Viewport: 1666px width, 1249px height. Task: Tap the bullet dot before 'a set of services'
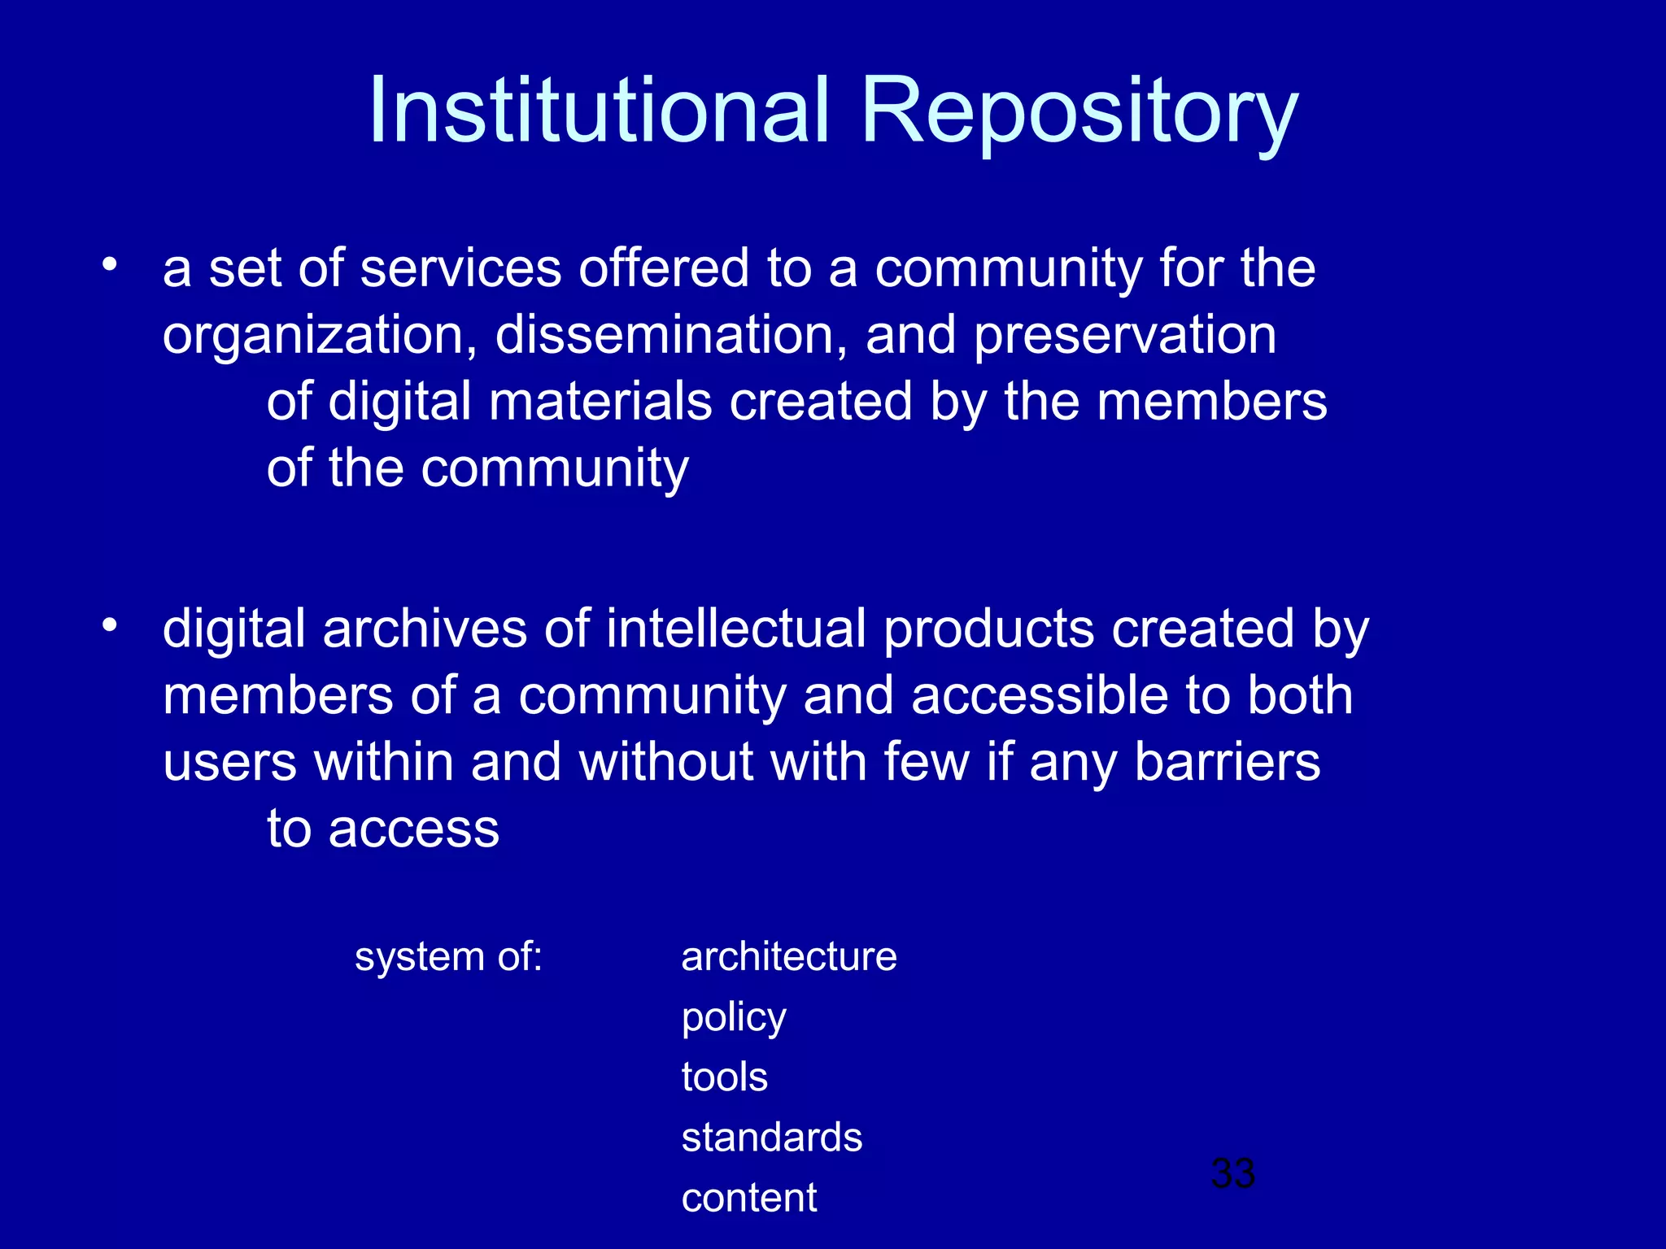(x=110, y=264)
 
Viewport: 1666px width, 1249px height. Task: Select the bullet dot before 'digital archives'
(x=110, y=625)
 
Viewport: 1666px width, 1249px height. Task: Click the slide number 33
(x=1232, y=1173)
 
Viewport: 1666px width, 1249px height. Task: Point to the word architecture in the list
(x=789, y=956)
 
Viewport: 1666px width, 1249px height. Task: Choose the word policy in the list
(x=734, y=1018)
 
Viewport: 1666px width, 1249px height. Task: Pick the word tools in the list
(x=724, y=1077)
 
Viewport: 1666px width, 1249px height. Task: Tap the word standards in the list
(x=771, y=1137)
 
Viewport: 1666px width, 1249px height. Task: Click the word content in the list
(x=748, y=1198)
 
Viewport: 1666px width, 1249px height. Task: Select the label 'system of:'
(x=448, y=956)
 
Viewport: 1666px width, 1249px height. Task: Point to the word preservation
(x=1124, y=337)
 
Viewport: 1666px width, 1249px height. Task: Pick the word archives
(x=425, y=629)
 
